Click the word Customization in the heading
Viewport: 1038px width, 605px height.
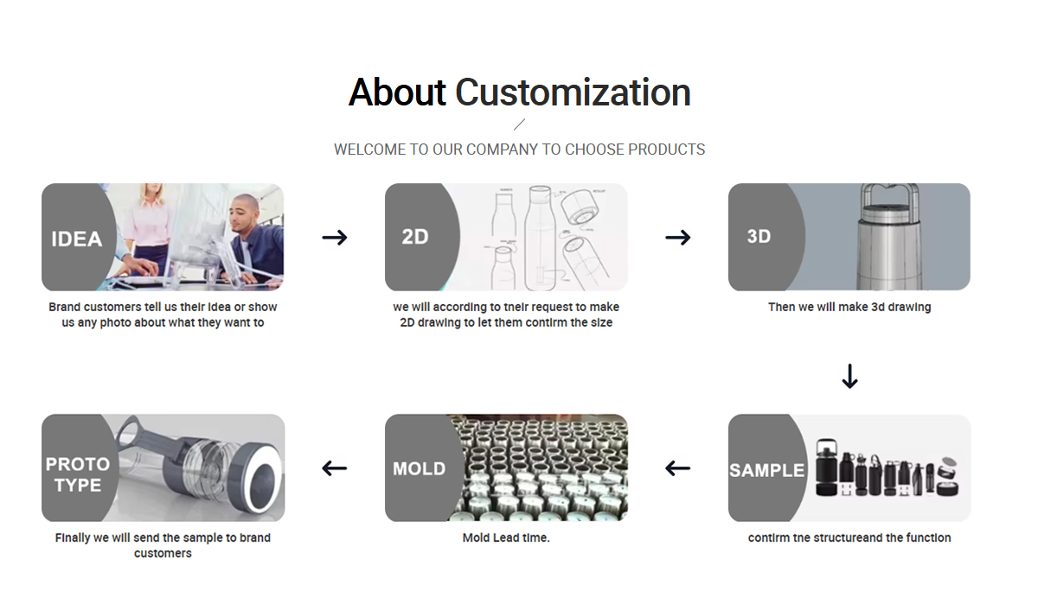click(x=573, y=92)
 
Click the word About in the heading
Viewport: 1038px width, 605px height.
click(x=397, y=92)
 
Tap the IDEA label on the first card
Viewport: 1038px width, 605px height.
click(x=76, y=239)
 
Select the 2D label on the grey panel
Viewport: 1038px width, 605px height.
click(x=415, y=237)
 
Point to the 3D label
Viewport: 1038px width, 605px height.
click(x=759, y=237)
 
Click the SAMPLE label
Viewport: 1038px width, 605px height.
click(x=767, y=470)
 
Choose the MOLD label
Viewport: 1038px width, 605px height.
click(x=420, y=469)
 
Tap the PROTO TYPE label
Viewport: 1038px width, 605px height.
click(x=77, y=474)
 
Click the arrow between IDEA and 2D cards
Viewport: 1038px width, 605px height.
click(x=335, y=238)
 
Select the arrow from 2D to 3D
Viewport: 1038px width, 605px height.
click(x=678, y=238)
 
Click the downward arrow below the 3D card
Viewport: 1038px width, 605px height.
click(x=849, y=376)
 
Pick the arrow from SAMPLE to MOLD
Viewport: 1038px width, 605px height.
click(x=678, y=468)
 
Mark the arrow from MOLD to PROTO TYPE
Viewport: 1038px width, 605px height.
click(x=335, y=468)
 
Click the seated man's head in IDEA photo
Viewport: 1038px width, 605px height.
click(x=244, y=213)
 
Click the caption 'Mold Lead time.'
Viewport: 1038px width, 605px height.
click(x=506, y=538)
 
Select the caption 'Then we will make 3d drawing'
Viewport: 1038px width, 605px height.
click(x=849, y=308)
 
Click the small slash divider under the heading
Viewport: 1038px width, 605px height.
click(x=520, y=124)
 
